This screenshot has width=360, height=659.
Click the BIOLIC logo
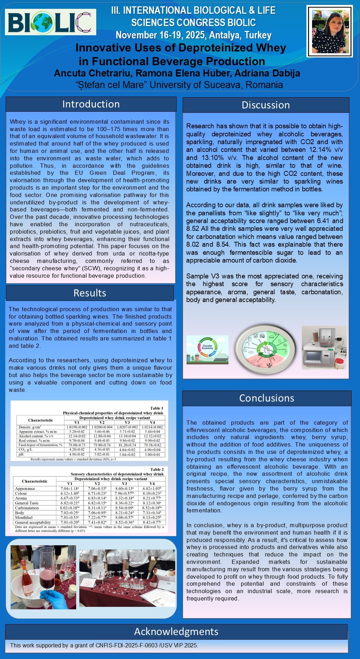coord(50,22)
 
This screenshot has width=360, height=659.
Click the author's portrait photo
coord(330,31)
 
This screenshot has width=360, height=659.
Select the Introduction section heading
coord(91,104)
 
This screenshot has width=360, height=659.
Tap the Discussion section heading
coord(266,105)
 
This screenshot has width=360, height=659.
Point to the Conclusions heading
coord(267,398)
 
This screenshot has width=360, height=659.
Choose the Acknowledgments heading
coord(176,631)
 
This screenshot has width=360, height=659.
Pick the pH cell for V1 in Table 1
coord(77,454)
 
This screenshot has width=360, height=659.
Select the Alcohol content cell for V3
coord(127,436)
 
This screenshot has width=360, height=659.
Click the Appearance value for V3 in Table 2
coord(124,488)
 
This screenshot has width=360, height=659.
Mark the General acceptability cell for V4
coord(152,522)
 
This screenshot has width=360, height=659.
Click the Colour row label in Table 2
coord(21,493)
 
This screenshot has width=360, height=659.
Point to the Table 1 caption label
coord(157,408)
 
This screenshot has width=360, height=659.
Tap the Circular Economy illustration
coord(207,349)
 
